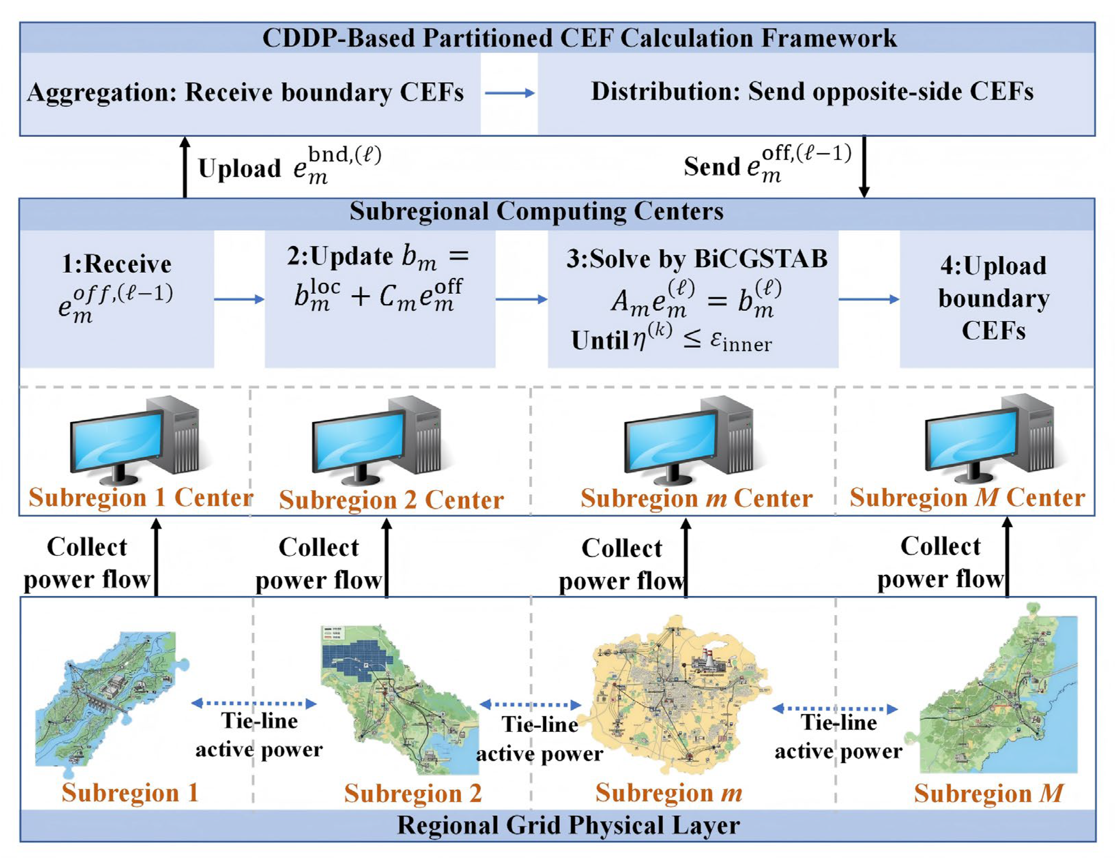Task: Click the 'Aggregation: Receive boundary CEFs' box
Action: point(250,93)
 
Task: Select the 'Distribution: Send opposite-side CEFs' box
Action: point(816,93)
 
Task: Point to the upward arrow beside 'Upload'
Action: point(185,167)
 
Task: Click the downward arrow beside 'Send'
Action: point(864,166)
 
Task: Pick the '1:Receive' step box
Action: point(117,299)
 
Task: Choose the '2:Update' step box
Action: point(380,299)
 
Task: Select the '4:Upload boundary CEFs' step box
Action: point(997,299)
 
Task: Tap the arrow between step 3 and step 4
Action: point(869,299)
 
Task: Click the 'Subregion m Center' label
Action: point(696,498)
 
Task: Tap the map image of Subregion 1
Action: point(112,698)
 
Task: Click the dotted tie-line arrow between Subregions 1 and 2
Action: point(254,703)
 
